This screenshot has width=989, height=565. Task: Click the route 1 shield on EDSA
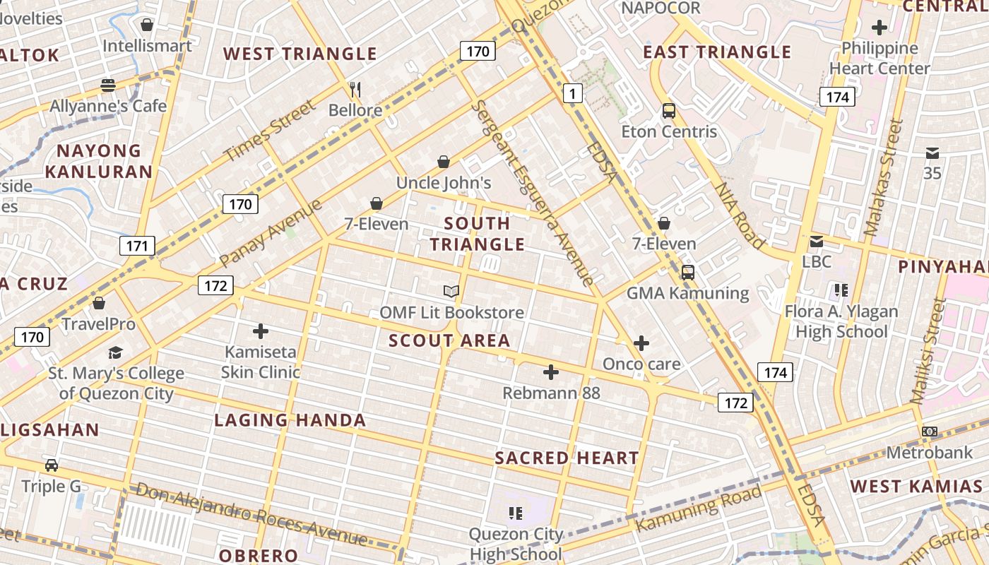click(x=572, y=93)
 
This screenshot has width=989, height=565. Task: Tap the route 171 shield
click(x=136, y=246)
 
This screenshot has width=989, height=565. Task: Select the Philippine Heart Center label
click(x=880, y=59)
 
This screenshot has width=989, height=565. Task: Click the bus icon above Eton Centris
click(x=668, y=111)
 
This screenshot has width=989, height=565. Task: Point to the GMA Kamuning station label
click(x=687, y=293)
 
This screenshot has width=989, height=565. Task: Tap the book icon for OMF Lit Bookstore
click(x=451, y=291)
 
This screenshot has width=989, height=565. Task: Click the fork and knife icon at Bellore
click(x=355, y=90)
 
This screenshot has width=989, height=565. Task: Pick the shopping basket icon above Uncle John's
click(x=444, y=162)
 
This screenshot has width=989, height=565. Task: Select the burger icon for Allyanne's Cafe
click(x=108, y=85)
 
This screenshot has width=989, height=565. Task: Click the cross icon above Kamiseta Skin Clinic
click(x=261, y=331)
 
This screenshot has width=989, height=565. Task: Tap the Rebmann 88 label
click(x=551, y=393)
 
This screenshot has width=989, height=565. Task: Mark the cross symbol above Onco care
click(x=641, y=343)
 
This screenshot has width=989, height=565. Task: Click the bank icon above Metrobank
click(x=930, y=432)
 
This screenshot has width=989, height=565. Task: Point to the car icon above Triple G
click(x=52, y=465)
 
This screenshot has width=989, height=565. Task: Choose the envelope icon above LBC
click(x=817, y=242)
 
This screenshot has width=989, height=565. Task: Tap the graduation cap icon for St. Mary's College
click(x=115, y=352)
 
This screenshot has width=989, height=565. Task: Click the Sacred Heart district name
click(x=567, y=458)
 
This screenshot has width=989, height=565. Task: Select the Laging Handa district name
click(x=290, y=420)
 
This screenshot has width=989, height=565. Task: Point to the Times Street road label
click(x=269, y=131)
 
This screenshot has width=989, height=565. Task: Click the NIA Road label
click(x=740, y=216)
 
